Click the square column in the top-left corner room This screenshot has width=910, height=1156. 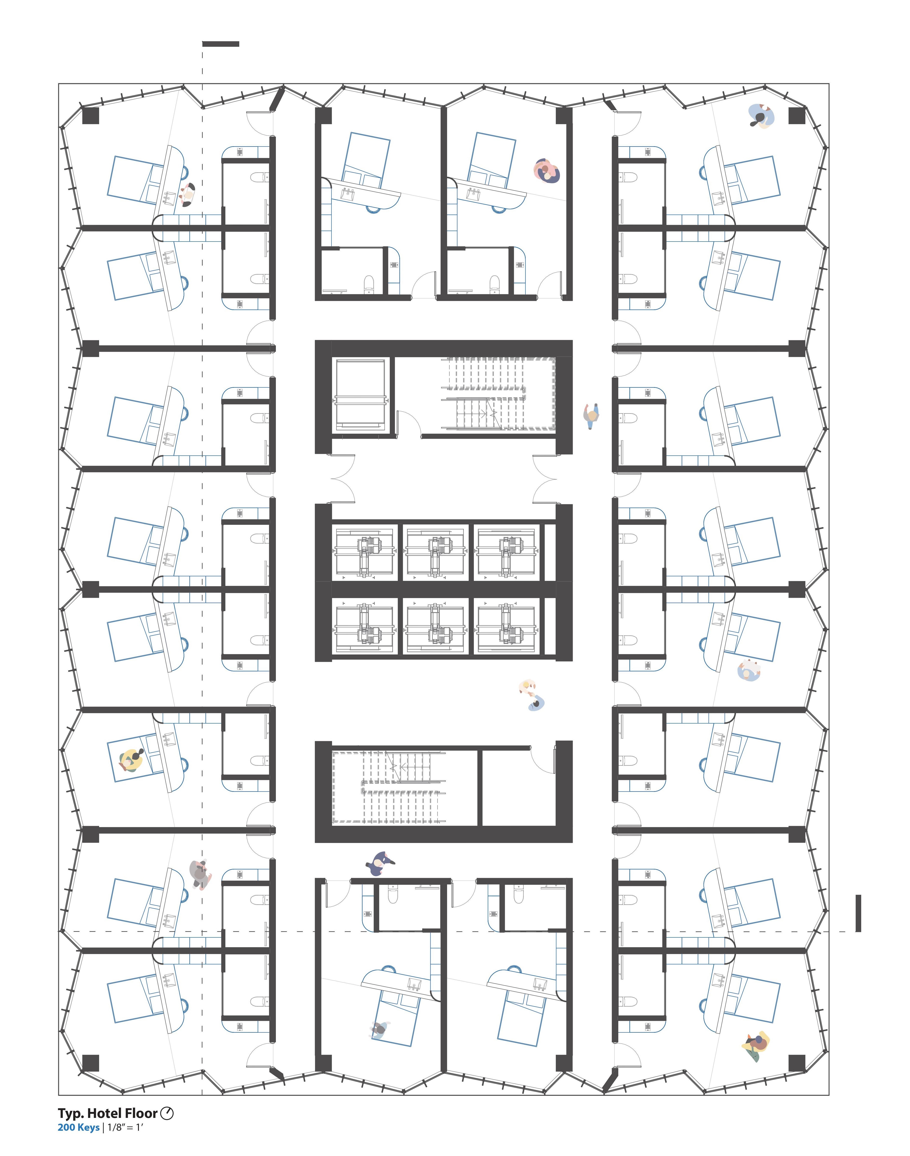click(x=91, y=116)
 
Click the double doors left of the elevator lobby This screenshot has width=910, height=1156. click(x=343, y=478)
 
